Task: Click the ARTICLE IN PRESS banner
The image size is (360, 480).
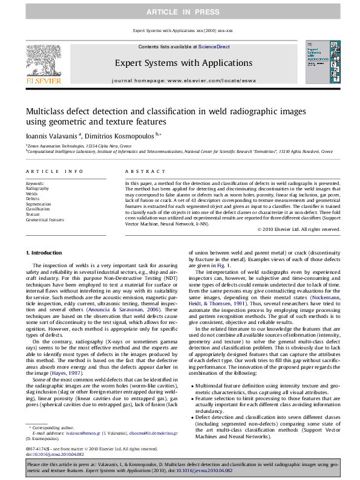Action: click(180, 11)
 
